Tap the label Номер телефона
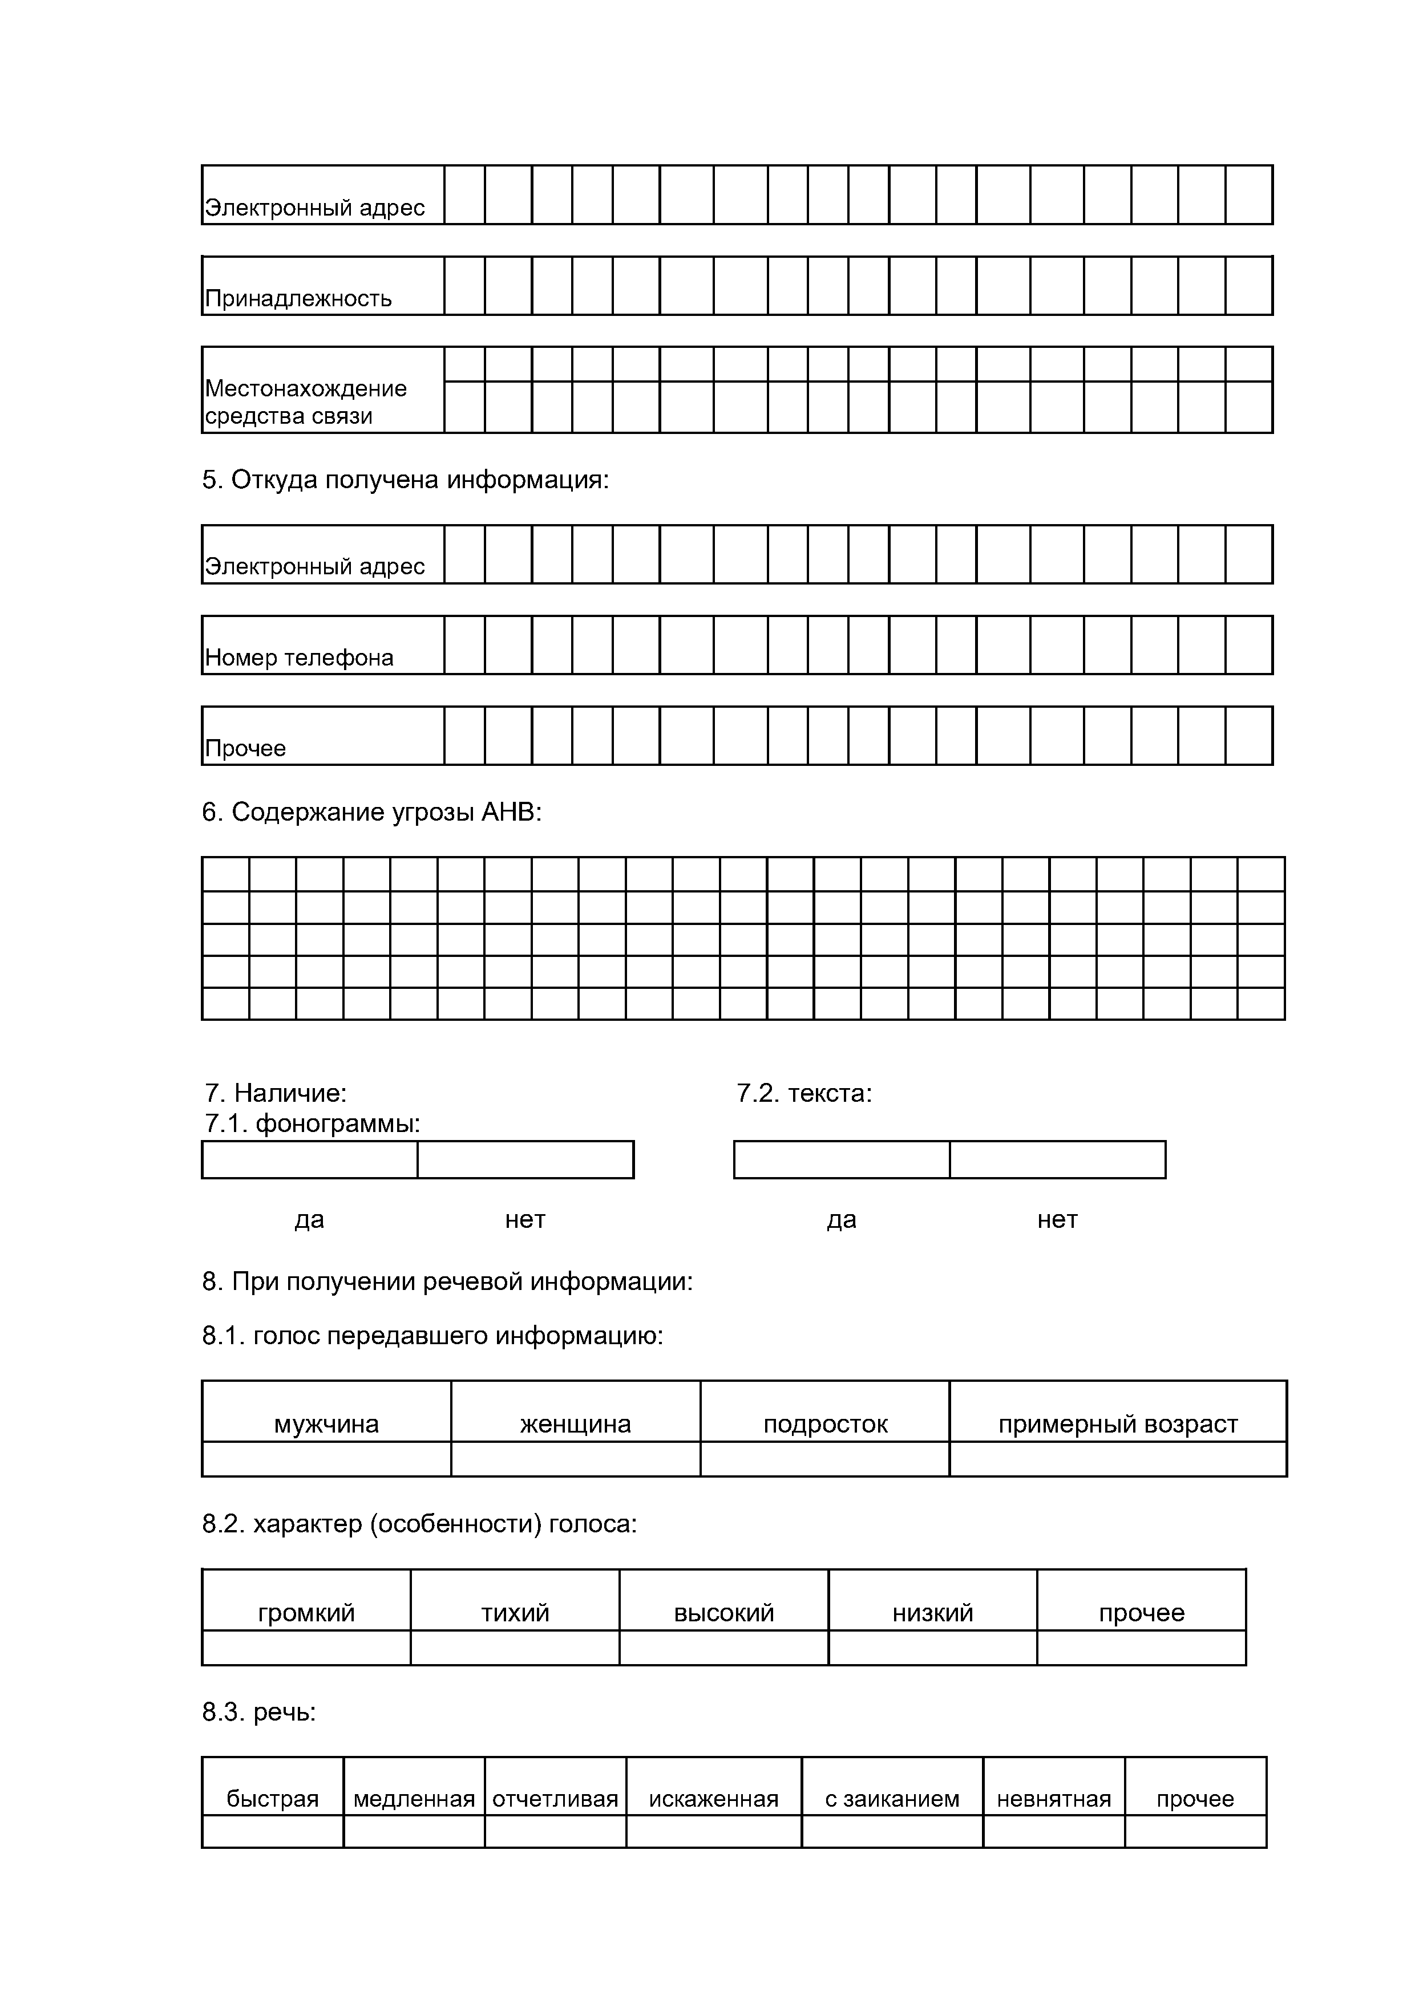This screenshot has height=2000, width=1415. point(299,658)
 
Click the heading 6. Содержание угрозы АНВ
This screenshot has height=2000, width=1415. point(371,813)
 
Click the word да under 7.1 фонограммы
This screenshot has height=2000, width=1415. point(309,1219)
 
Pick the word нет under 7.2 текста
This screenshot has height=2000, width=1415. point(1057,1219)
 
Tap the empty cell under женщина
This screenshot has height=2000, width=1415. point(575,1459)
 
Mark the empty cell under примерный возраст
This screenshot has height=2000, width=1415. point(1118,1459)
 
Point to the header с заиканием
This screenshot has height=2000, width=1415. point(892,1799)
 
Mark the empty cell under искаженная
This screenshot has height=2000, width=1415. point(714,1831)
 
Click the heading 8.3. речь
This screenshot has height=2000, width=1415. point(259,1713)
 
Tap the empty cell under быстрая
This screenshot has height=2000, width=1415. point(273,1831)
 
